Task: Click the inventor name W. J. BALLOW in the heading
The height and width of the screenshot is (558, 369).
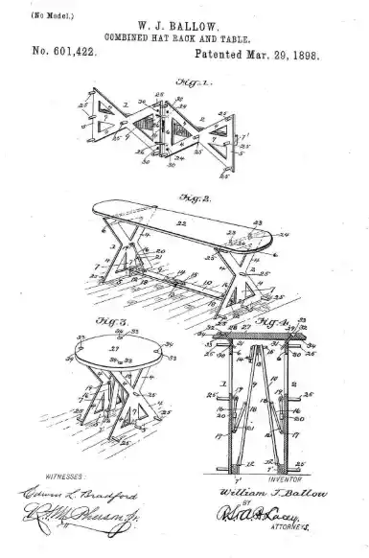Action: pyautogui.click(x=184, y=28)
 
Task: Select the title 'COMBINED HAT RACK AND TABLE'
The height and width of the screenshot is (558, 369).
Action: pyautogui.click(x=184, y=40)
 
